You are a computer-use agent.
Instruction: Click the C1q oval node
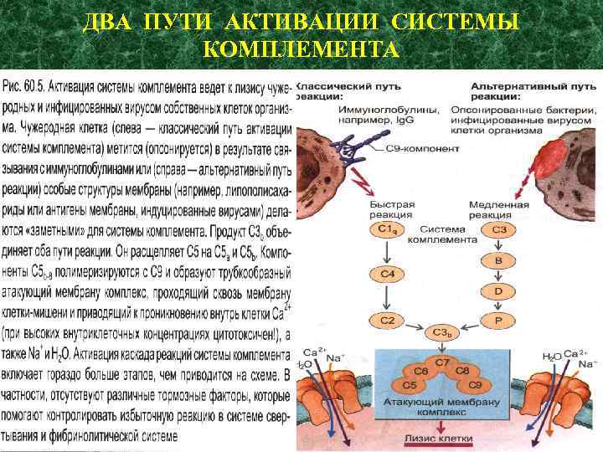[x=386, y=229]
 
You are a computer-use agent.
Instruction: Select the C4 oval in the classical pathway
[x=386, y=275]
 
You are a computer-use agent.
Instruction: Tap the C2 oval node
[x=386, y=321]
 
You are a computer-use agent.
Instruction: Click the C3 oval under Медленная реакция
[x=498, y=229]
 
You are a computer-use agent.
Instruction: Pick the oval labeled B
[x=498, y=261]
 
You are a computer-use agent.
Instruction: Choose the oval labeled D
[x=498, y=290]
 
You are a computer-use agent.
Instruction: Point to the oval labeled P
[x=498, y=321]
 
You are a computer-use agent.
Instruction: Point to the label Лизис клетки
[x=441, y=438]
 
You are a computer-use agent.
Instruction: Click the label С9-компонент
[x=429, y=148]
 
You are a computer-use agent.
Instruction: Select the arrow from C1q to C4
[x=386, y=252]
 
